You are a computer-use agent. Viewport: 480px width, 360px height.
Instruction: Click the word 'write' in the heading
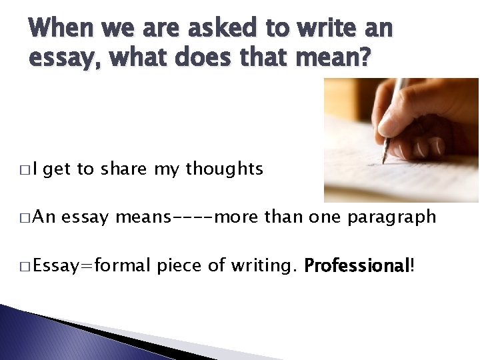(321, 28)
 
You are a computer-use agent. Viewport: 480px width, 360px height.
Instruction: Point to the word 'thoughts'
(224, 169)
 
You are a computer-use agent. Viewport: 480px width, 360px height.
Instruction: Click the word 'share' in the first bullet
(125, 169)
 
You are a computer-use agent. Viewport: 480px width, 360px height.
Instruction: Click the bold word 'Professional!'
(359, 266)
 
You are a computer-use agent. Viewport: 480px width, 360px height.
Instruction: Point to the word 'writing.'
(263, 266)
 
